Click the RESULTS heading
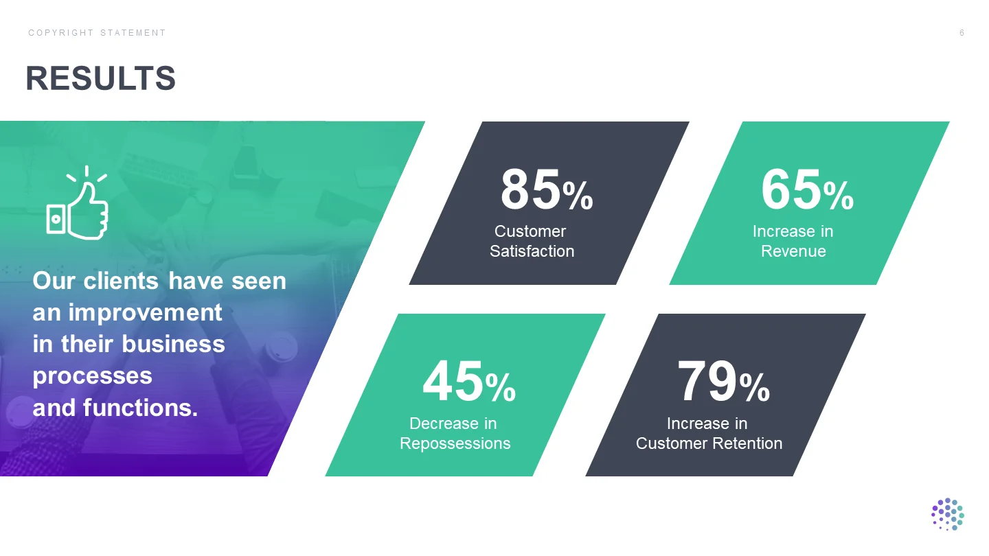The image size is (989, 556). [101, 78]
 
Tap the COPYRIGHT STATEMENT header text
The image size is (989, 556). [97, 33]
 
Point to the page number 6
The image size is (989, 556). [962, 33]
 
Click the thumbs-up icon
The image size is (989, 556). [78, 203]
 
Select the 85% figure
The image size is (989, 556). [547, 189]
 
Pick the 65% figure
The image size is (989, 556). [807, 189]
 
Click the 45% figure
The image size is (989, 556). [469, 381]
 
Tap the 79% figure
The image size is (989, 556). [723, 381]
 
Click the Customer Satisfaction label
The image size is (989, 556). [532, 241]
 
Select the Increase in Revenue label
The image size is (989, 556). [793, 241]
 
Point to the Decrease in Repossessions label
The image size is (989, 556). [455, 433]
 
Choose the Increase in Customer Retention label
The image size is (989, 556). [709, 433]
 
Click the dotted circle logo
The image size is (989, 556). [948, 514]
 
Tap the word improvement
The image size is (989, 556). [145, 312]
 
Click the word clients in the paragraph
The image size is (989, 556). [121, 281]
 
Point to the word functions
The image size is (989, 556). [140, 407]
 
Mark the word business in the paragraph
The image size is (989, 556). [173, 344]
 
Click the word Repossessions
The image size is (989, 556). [455, 443]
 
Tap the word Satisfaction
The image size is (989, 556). [532, 251]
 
